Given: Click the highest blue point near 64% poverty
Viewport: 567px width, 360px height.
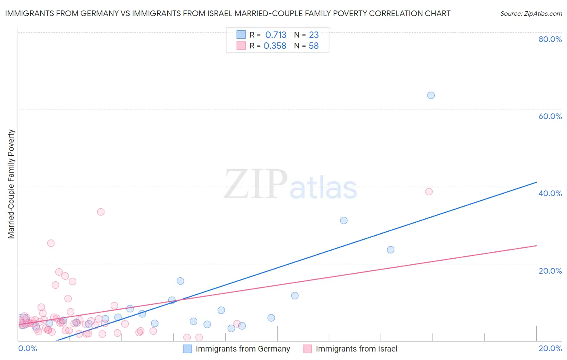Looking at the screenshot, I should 431,95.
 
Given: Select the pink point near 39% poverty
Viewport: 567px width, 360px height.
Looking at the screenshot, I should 429,192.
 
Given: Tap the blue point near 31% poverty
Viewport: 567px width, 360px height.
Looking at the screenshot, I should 344,220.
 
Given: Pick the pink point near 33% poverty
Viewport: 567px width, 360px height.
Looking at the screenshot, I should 101,212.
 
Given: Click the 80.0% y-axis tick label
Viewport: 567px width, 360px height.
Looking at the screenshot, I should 550,39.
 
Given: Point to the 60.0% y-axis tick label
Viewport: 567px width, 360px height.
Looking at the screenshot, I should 550,116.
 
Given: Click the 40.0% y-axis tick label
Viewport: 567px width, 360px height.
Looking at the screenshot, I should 550,193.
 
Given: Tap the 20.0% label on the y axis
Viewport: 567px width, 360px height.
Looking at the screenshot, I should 550,271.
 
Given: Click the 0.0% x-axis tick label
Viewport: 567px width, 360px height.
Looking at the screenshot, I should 27,348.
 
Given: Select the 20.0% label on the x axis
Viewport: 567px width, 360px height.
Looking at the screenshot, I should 550,348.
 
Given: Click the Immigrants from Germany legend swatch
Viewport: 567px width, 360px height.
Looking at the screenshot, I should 188,349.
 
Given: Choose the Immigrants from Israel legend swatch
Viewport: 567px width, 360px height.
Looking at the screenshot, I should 308,349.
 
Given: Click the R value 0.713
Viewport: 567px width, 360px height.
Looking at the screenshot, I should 275,35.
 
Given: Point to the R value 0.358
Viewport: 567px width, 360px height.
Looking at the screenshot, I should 275,46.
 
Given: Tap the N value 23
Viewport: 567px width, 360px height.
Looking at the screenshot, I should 314,35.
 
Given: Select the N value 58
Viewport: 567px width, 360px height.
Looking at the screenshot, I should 314,46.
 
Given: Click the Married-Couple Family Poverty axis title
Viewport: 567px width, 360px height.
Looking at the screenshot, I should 11,184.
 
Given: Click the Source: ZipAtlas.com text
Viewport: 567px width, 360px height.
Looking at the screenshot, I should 531,14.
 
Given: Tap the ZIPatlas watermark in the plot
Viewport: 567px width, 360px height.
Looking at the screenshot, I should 290,185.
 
